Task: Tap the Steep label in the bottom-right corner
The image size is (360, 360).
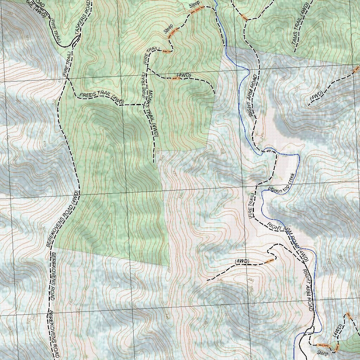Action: pos(322,353)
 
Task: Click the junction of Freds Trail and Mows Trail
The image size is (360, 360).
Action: pos(145,104)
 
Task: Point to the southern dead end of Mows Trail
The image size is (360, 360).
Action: pos(154,162)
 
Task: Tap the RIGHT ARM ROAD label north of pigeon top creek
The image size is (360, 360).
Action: pos(252,95)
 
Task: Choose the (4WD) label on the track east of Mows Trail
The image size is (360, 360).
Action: pos(184,76)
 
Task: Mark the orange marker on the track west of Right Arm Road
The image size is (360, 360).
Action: pos(269,261)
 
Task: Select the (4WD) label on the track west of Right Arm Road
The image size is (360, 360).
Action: pos(242,261)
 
